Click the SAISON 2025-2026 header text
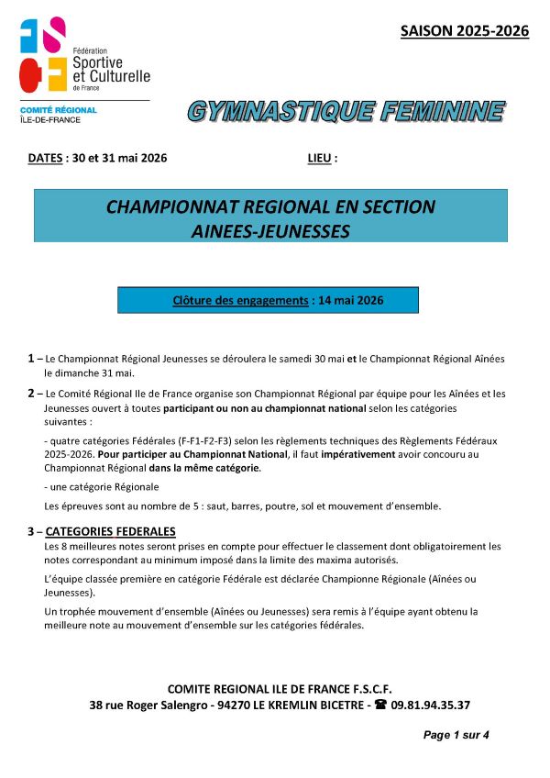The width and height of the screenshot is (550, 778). point(465,31)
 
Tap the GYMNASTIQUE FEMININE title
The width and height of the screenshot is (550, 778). point(346,112)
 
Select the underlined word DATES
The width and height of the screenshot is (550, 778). point(45,158)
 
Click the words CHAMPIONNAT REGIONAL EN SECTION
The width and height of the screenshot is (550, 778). point(270,207)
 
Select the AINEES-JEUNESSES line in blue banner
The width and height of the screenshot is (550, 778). point(270,231)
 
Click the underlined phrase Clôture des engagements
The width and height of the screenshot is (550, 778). point(240,300)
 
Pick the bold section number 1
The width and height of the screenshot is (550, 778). point(31,358)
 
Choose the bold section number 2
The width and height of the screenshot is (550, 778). point(31,393)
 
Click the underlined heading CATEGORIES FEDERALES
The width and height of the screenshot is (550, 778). point(110,531)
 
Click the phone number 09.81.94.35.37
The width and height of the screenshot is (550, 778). point(431,706)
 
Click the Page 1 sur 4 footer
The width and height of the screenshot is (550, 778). point(456,735)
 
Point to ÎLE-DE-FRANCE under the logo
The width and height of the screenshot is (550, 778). point(50,120)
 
